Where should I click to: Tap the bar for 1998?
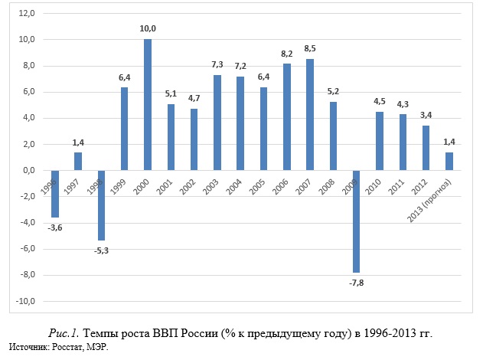pos(101,205)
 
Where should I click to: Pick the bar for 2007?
pos(311,114)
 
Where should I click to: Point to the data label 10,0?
pos(148,29)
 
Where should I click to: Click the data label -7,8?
pos(357,283)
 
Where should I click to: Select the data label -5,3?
pos(101,250)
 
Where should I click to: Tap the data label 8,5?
pos(311,49)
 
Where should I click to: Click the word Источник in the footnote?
pos(28,348)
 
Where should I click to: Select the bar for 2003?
pos(217,123)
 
